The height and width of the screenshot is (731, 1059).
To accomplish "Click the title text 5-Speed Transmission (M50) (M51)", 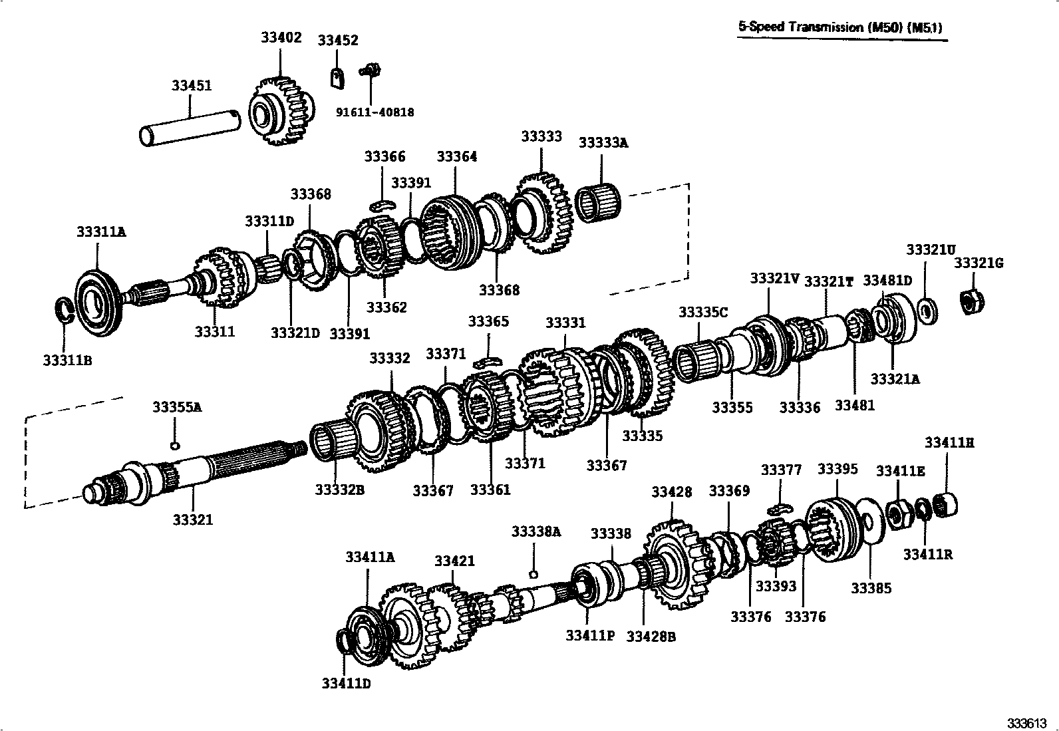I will pos(841,27).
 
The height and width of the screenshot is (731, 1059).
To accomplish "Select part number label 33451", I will pos(192,85).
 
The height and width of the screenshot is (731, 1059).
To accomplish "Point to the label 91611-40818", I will pos(375,112).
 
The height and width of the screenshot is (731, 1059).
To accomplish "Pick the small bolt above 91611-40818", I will pos(369,69).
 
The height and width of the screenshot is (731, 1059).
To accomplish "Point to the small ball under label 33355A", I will pos(175,445).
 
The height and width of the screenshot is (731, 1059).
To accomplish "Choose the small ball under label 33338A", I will pos(533,573).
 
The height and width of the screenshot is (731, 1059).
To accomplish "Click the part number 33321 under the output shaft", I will pos(193,519).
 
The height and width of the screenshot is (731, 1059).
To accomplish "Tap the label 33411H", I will pos(949,442).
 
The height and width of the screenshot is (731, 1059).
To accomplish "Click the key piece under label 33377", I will pos(778,509).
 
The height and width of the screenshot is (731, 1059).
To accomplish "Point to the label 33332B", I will pos(340,490).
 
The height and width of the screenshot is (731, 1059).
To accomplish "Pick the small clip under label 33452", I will pos(338,77).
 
